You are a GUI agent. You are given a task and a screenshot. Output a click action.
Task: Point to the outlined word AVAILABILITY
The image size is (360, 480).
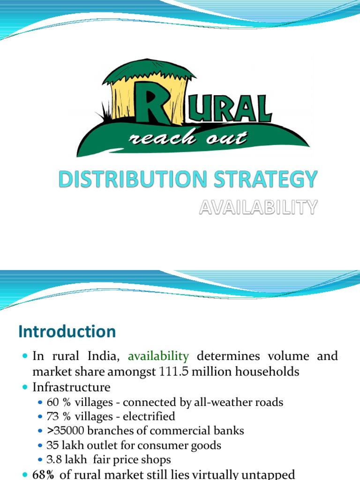pyautogui.click(x=258, y=207)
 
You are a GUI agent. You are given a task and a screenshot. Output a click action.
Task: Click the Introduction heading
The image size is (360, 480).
pyautogui.click(x=67, y=332)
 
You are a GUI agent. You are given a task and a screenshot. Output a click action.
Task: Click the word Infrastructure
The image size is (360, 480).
pyautogui.click(x=71, y=388)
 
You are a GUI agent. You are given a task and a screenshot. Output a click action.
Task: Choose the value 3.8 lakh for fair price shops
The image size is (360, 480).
pyautogui.click(x=66, y=459)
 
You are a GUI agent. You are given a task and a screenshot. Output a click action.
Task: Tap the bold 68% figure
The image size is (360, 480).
pyautogui.click(x=44, y=475)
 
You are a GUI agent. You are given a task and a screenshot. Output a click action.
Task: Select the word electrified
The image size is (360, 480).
pyautogui.click(x=152, y=416)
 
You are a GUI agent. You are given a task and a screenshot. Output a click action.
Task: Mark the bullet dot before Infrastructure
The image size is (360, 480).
pyautogui.click(x=25, y=388)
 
